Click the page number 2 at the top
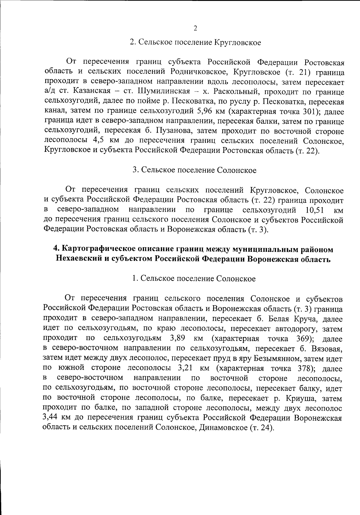coord(195,29)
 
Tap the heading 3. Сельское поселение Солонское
coord(195,170)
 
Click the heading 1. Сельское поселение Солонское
coord(194,279)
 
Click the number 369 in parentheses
coord(303,339)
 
